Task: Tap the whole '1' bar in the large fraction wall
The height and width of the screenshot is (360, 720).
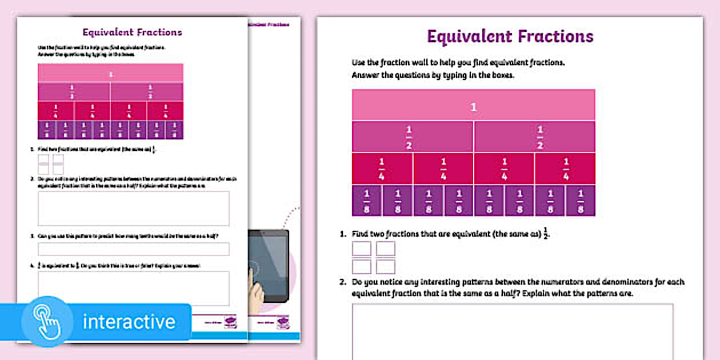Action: (x=473, y=105)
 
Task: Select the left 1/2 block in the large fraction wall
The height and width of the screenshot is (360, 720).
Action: (x=413, y=137)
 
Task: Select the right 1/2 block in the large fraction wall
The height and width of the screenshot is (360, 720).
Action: (x=534, y=137)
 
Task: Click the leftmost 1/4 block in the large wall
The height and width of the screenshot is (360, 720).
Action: (x=382, y=169)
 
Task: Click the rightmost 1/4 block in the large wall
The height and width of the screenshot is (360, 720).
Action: (x=565, y=169)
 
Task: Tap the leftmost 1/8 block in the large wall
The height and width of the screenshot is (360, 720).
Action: (x=367, y=201)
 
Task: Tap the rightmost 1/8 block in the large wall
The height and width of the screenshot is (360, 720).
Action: (x=581, y=201)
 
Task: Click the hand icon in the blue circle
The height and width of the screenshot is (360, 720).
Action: (x=47, y=321)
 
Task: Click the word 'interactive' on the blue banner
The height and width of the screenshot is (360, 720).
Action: (x=129, y=322)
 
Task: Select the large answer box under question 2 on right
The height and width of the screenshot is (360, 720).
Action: (x=512, y=331)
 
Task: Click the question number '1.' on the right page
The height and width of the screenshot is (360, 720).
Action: (x=343, y=234)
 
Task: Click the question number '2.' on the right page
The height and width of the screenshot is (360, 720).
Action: (x=343, y=282)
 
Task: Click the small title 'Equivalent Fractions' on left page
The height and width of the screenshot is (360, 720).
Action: (x=132, y=33)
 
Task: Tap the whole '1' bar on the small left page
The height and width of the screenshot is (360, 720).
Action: (x=110, y=73)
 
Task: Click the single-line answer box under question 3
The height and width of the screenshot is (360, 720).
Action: (x=133, y=249)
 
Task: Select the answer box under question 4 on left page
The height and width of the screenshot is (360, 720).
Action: (x=133, y=288)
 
